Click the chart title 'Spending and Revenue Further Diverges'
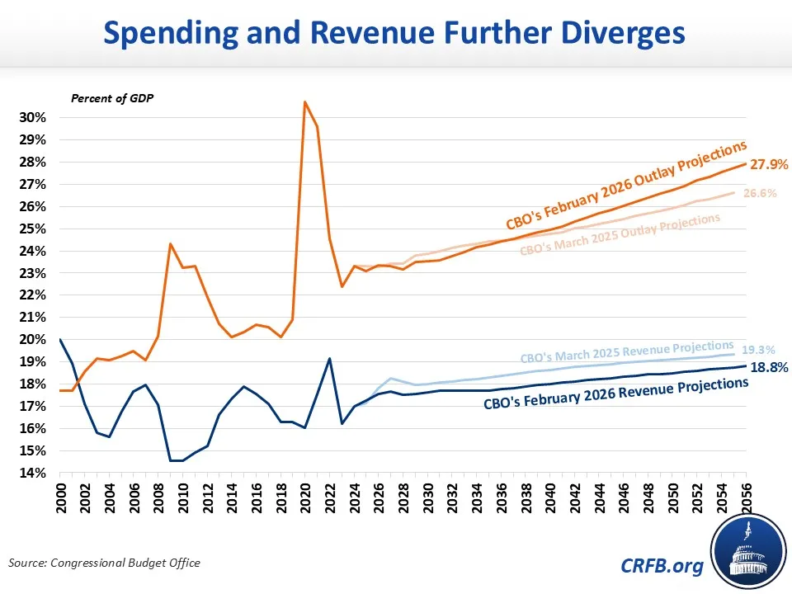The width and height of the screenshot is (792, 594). pyautogui.click(x=395, y=34)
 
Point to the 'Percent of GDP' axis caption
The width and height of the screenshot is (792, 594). pyautogui.click(x=112, y=98)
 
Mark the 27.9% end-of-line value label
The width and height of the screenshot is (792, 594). pyautogui.click(x=767, y=164)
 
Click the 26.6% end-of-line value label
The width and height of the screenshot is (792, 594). pyautogui.click(x=759, y=194)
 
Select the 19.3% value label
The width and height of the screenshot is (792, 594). pyautogui.click(x=758, y=349)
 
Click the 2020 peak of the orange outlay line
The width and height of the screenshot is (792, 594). pyautogui.click(x=305, y=102)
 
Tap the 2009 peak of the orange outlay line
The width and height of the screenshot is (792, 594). pyautogui.click(x=170, y=244)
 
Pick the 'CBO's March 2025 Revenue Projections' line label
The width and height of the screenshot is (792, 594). pyautogui.click(x=627, y=351)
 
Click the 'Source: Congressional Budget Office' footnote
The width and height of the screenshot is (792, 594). pyautogui.click(x=105, y=563)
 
